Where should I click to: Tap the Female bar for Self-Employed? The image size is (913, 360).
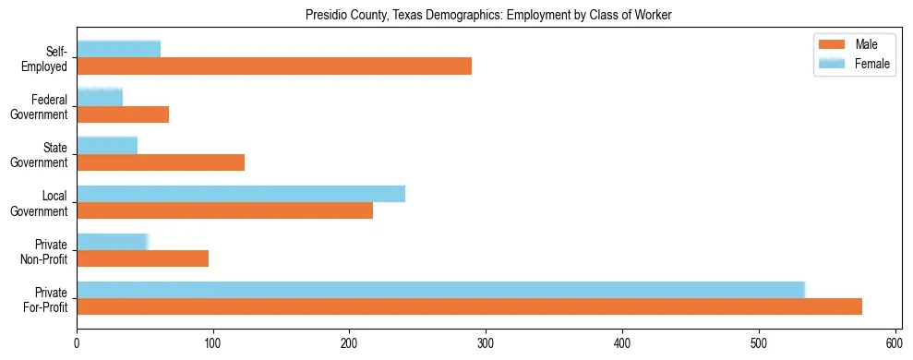tap(118, 49)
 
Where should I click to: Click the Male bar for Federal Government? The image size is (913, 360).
tap(123, 114)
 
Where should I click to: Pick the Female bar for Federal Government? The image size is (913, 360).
tap(100, 97)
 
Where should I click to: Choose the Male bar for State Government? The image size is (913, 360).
tap(161, 162)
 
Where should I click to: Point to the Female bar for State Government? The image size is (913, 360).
tap(107, 145)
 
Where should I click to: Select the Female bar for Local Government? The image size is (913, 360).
tap(241, 193)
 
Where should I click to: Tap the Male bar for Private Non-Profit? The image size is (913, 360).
tap(142, 258)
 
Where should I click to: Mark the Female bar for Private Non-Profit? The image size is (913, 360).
tap(112, 242)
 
